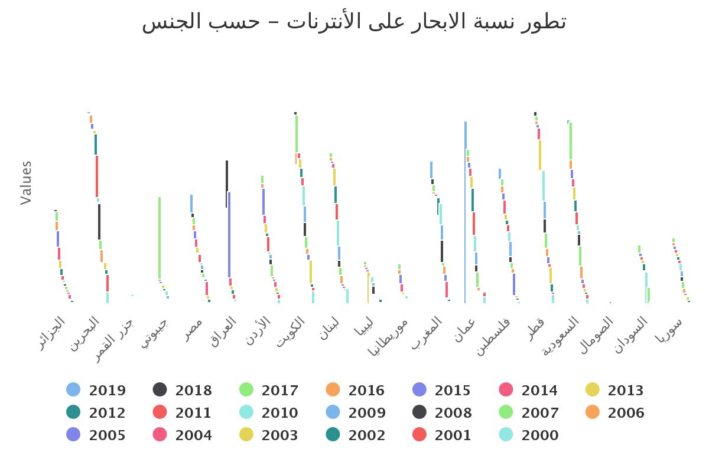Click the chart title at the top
[354, 22]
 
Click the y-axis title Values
[26, 183]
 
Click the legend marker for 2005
[73, 435]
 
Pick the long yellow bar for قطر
[540, 155]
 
